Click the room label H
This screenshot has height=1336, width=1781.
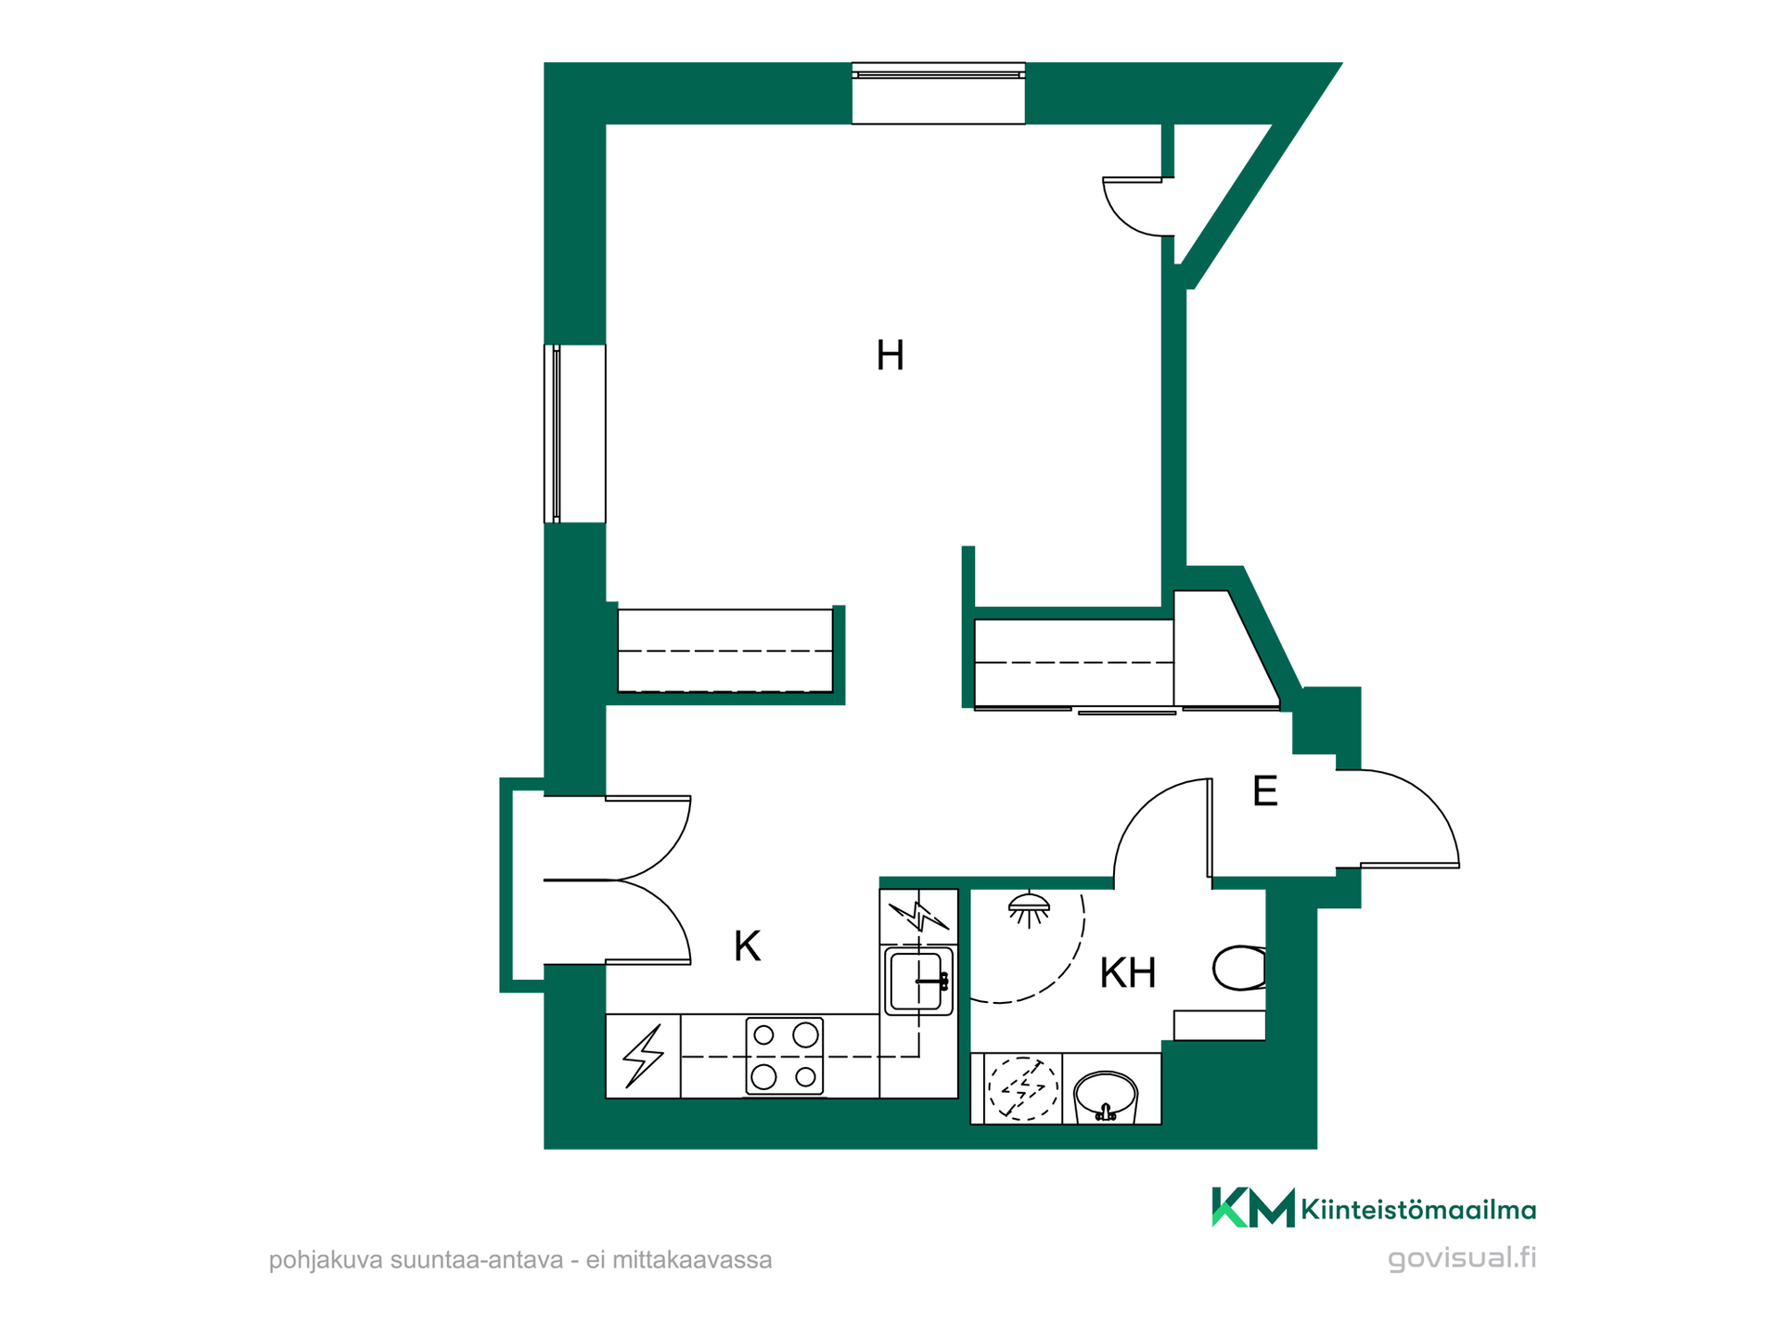890,355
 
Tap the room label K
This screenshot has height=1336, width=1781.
747,946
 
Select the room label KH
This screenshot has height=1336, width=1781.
1127,973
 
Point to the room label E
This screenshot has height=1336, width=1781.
1264,791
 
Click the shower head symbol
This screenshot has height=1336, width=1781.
1029,909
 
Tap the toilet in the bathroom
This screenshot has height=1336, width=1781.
1239,968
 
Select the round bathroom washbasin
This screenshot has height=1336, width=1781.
1105,1098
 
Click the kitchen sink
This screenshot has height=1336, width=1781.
918,981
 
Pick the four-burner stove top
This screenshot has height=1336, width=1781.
785,1056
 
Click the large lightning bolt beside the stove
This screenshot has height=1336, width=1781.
644,1056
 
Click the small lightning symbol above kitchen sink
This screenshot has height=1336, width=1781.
918,917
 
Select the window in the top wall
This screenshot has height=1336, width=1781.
938,93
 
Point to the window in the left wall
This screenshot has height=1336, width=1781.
575,433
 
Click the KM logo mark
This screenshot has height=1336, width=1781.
1253,1207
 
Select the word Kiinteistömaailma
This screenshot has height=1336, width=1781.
1418,1209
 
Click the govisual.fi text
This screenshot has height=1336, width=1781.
1462,1259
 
